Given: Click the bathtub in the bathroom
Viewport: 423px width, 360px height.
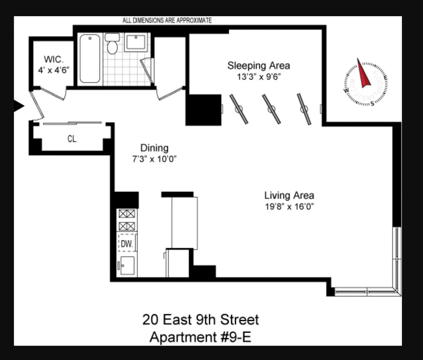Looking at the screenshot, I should tap(90, 58).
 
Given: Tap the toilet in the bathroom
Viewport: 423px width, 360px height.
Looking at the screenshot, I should tap(112, 45).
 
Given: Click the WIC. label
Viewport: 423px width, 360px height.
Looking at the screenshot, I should tap(54, 59).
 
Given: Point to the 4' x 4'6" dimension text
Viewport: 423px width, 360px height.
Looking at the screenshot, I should tap(54, 70).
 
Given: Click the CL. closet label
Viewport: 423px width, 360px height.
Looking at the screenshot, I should tap(72, 139).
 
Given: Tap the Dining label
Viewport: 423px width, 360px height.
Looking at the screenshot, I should tap(154, 148).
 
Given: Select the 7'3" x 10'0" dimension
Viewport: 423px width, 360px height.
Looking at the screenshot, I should tap(154, 159).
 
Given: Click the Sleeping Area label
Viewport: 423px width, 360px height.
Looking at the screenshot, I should tap(258, 66).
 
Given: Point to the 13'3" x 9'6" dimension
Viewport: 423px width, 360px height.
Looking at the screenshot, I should tap(258, 77).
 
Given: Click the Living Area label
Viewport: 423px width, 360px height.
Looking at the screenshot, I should tap(289, 195).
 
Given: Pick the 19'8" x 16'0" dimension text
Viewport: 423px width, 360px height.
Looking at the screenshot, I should tap(289, 206).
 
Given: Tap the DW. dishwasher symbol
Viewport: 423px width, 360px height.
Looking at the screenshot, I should tap(127, 243).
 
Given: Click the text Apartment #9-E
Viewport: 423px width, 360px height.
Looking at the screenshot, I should tap(200, 337).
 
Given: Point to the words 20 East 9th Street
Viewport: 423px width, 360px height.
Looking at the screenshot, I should tap(200, 320).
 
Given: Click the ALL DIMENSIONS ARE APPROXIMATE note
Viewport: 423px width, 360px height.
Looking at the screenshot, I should tap(167, 20).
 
